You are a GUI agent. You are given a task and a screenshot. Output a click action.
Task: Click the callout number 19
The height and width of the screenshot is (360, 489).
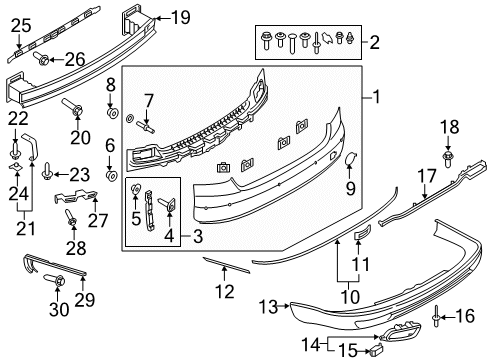click(179, 16)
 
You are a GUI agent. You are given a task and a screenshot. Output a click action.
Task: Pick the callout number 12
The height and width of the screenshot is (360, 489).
click(224, 293)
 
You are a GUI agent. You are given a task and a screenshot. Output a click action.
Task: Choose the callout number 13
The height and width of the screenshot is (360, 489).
click(268, 305)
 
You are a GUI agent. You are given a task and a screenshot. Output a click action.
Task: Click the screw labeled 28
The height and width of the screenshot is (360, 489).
click(70, 217)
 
